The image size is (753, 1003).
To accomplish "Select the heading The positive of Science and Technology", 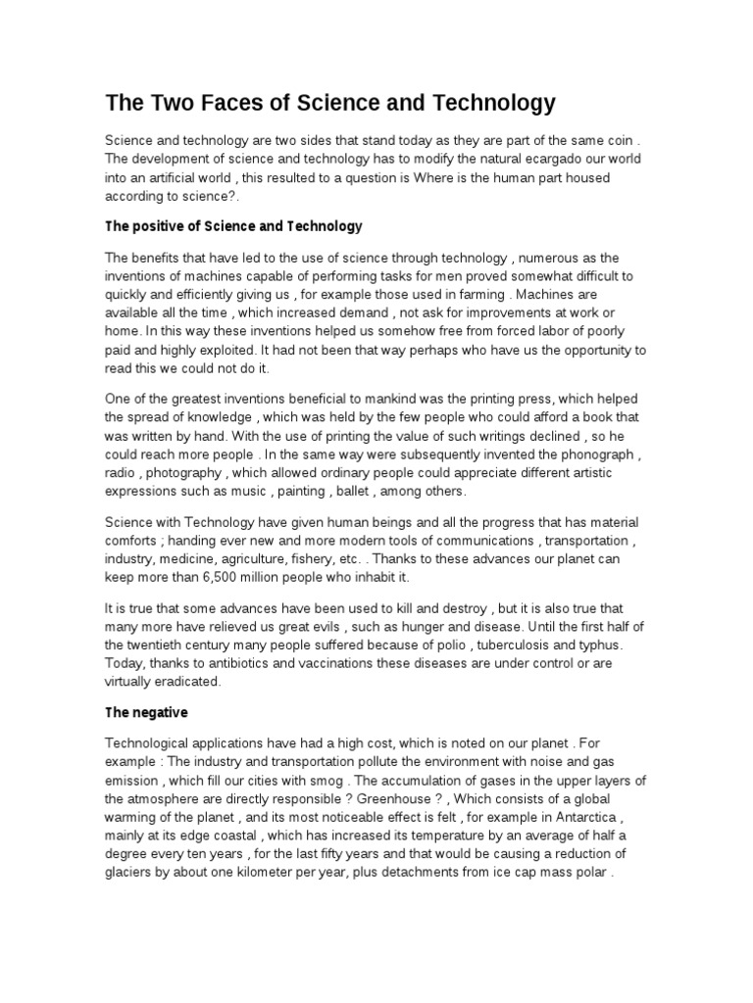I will [233, 226].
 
